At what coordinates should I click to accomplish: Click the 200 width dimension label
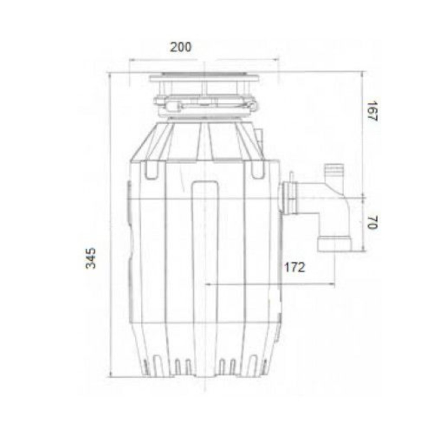pyautogui.click(x=181, y=47)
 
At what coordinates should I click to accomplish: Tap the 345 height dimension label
pyautogui.click(x=91, y=258)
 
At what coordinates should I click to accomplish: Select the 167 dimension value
pyautogui.click(x=372, y=111)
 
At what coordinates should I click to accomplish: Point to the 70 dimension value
pyautogui.click(x=372, y=223)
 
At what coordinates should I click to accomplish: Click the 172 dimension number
pyautogui.click(x=294, y=267)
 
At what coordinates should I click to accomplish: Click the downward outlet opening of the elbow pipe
pyautogui.click(x=335, y=245)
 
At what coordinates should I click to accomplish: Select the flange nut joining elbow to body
pyautogui.click(x=290, y=198)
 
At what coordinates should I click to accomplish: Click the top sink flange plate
pyautogui.click(x=204, y=77)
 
